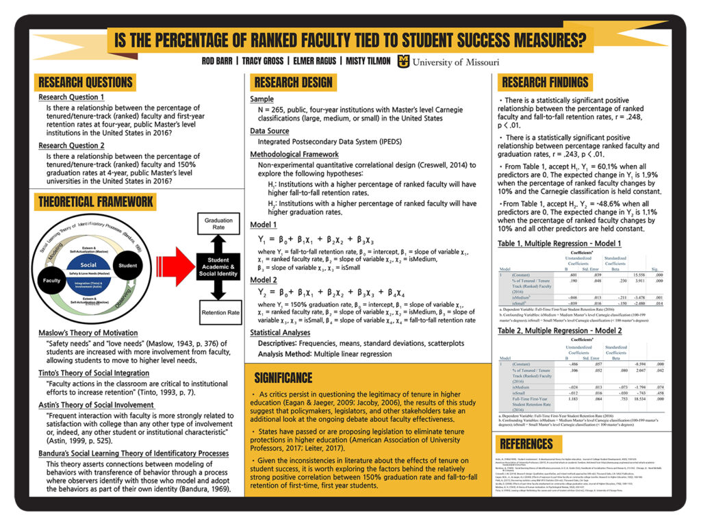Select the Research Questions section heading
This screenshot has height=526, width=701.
coord(86,82)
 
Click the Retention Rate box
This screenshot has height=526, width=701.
coord(220,313)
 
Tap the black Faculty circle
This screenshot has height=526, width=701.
coord(52,281)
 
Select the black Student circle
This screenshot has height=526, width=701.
coord(127,265)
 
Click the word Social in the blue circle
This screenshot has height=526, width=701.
coord(88,265)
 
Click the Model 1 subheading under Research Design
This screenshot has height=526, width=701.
coord(264,224)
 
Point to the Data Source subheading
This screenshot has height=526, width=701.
coord(269,131)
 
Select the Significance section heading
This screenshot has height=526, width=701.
coord(283,377)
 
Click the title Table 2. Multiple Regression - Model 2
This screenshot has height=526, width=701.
coord(559,331)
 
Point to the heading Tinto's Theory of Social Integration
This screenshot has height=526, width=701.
coord(94,373)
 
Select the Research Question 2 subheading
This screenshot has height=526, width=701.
coord(71,146)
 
